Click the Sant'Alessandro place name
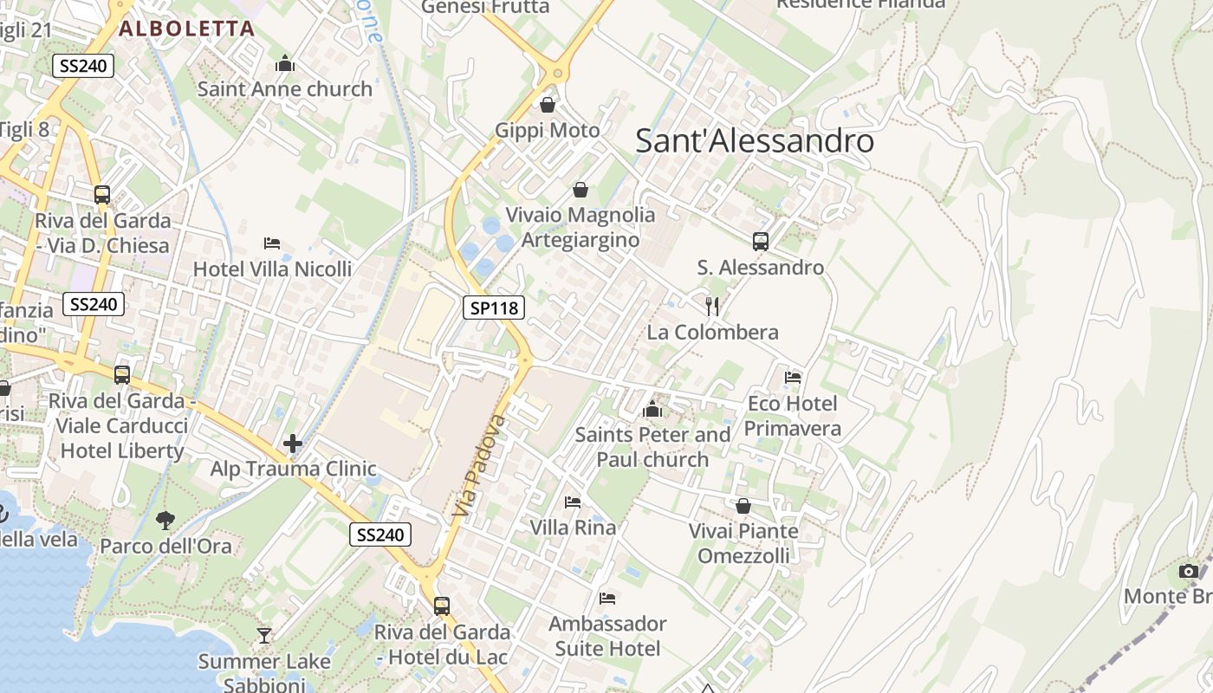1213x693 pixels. point(755,140)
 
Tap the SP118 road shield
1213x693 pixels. point(493,307)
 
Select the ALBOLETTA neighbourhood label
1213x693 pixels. point(187,29)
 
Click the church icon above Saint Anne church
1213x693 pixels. point(285,63)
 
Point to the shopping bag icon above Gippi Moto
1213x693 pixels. point(548,105)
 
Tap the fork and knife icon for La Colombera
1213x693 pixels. point(712,306)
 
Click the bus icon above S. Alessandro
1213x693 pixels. point(761,242)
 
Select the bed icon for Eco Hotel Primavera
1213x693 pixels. point(793,377)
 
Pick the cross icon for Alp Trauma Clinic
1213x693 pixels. point(293,444)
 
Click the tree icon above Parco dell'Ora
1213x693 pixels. point(165,520)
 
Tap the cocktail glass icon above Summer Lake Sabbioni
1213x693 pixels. point(264,636)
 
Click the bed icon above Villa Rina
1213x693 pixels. point(573,502)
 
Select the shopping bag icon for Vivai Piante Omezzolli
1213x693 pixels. point(743,506)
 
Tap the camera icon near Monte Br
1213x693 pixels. point(1189,571)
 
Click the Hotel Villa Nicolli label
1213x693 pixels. point(272,269)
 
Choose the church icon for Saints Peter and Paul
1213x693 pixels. point(652,409)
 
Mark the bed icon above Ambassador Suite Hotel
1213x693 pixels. point(607,598)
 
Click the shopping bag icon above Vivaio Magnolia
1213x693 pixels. point(581,189)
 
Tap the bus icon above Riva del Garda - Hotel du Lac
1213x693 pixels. point(442,606)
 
